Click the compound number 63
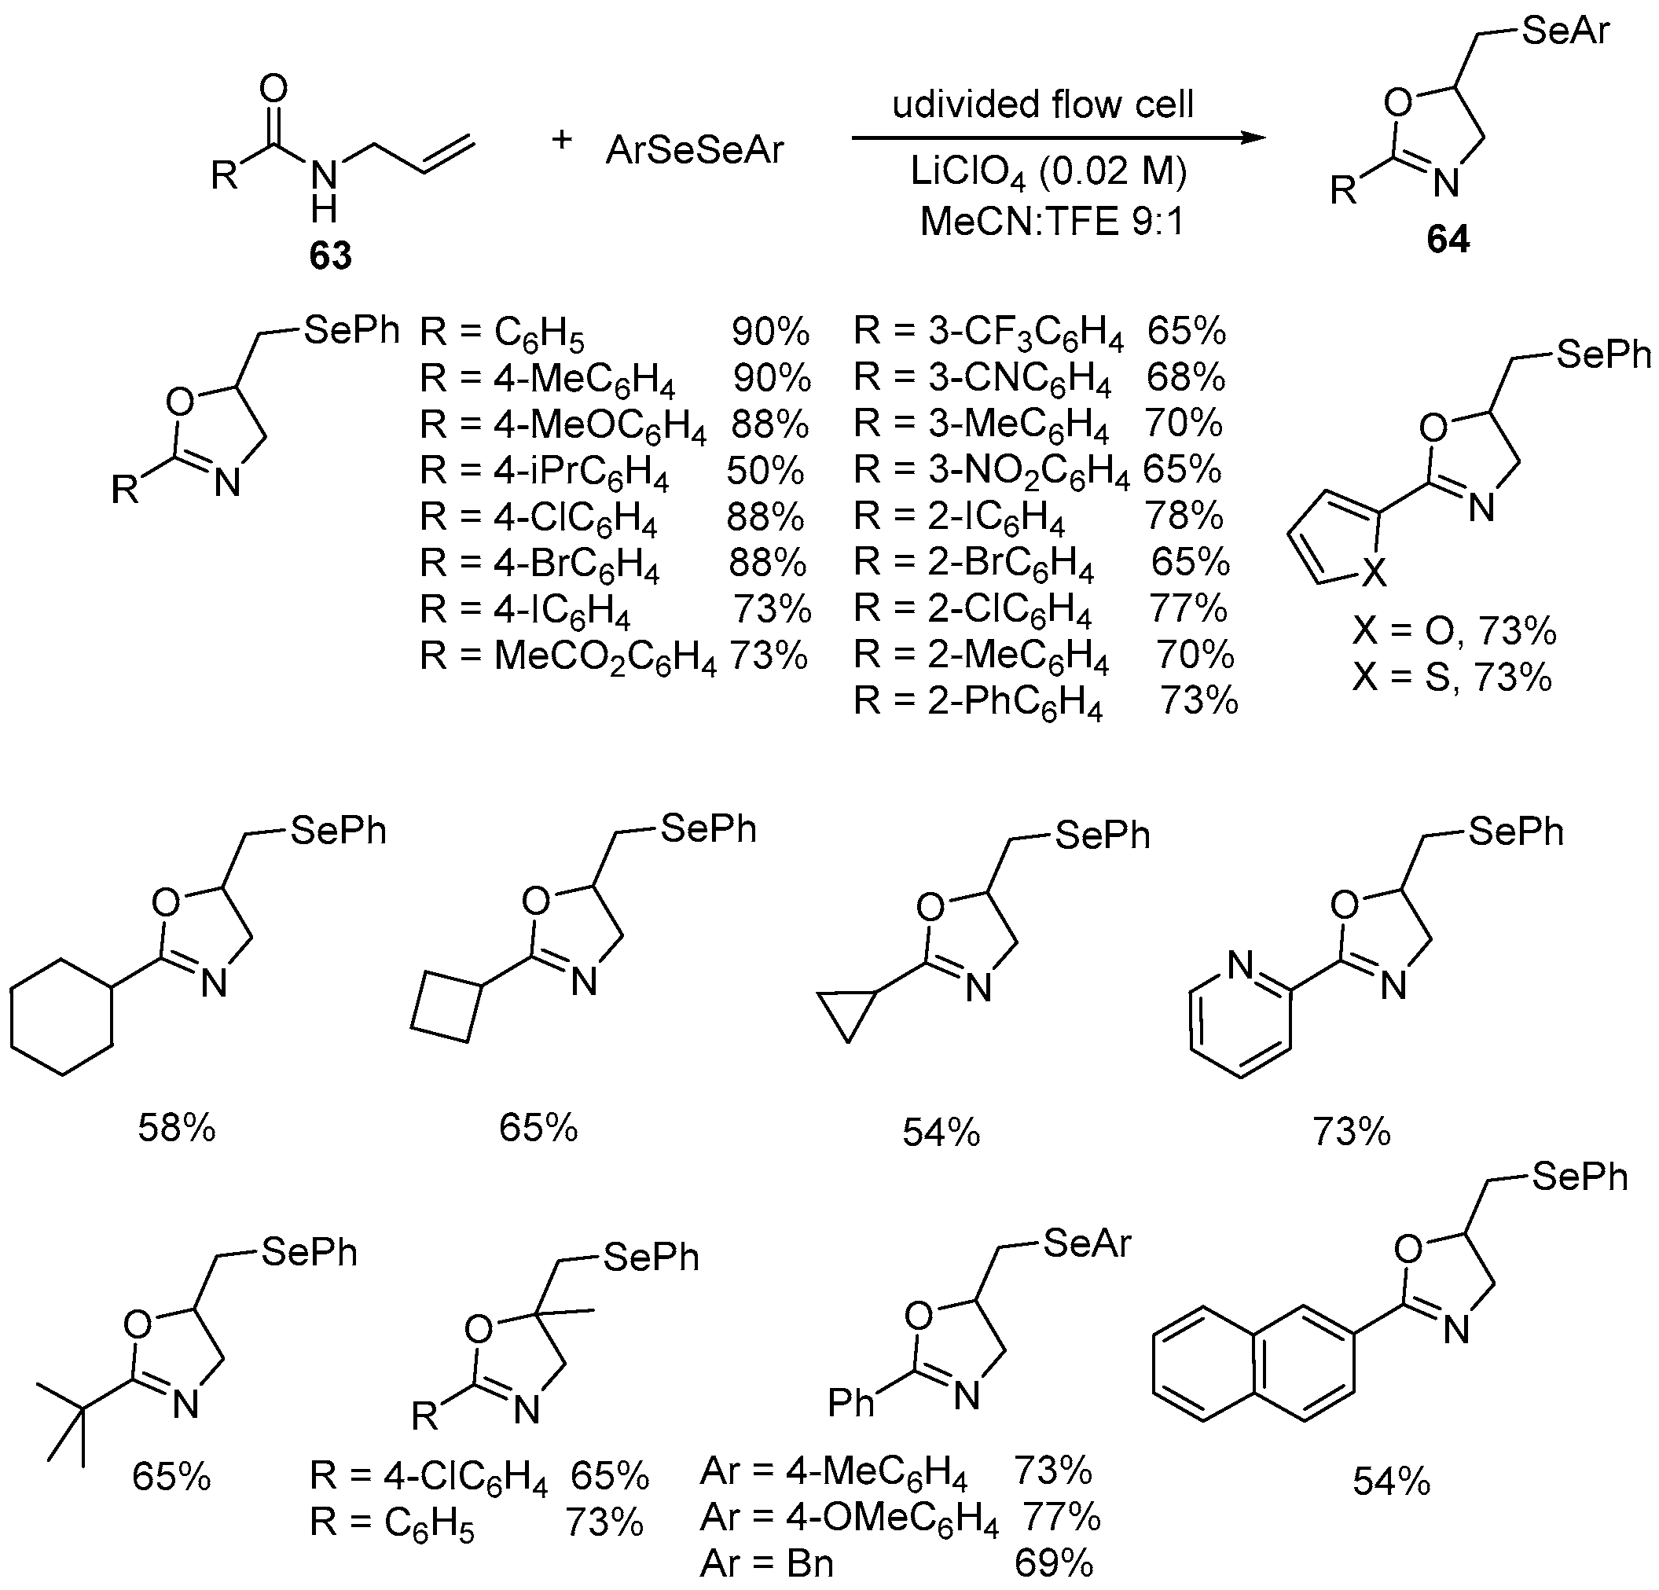click(x=330, y=254)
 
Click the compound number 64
click(x=1448, y=240)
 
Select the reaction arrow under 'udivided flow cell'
click(x=1058, y=138)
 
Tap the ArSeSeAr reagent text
click(x=695, y=151)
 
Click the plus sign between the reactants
click(x=561, y=140)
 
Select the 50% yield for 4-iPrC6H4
click(x=765, y=471)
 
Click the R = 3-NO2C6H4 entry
click(x=990, y=470)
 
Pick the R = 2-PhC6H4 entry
click(x=978, y=702)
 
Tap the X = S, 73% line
click(x=1451, y=677)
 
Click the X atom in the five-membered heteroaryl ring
click(x=1376, y=573)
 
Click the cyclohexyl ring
click(x=62, y=1017)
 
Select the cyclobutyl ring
click(x=446, y=1008)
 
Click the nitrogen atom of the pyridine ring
click(x=1240, y=964)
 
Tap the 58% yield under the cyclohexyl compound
click(x=177, y=1128)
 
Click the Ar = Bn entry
click(x=767, y=1564)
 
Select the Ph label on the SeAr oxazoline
click(x=850, y=1403)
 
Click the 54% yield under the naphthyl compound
click(x=1392, y=1482)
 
